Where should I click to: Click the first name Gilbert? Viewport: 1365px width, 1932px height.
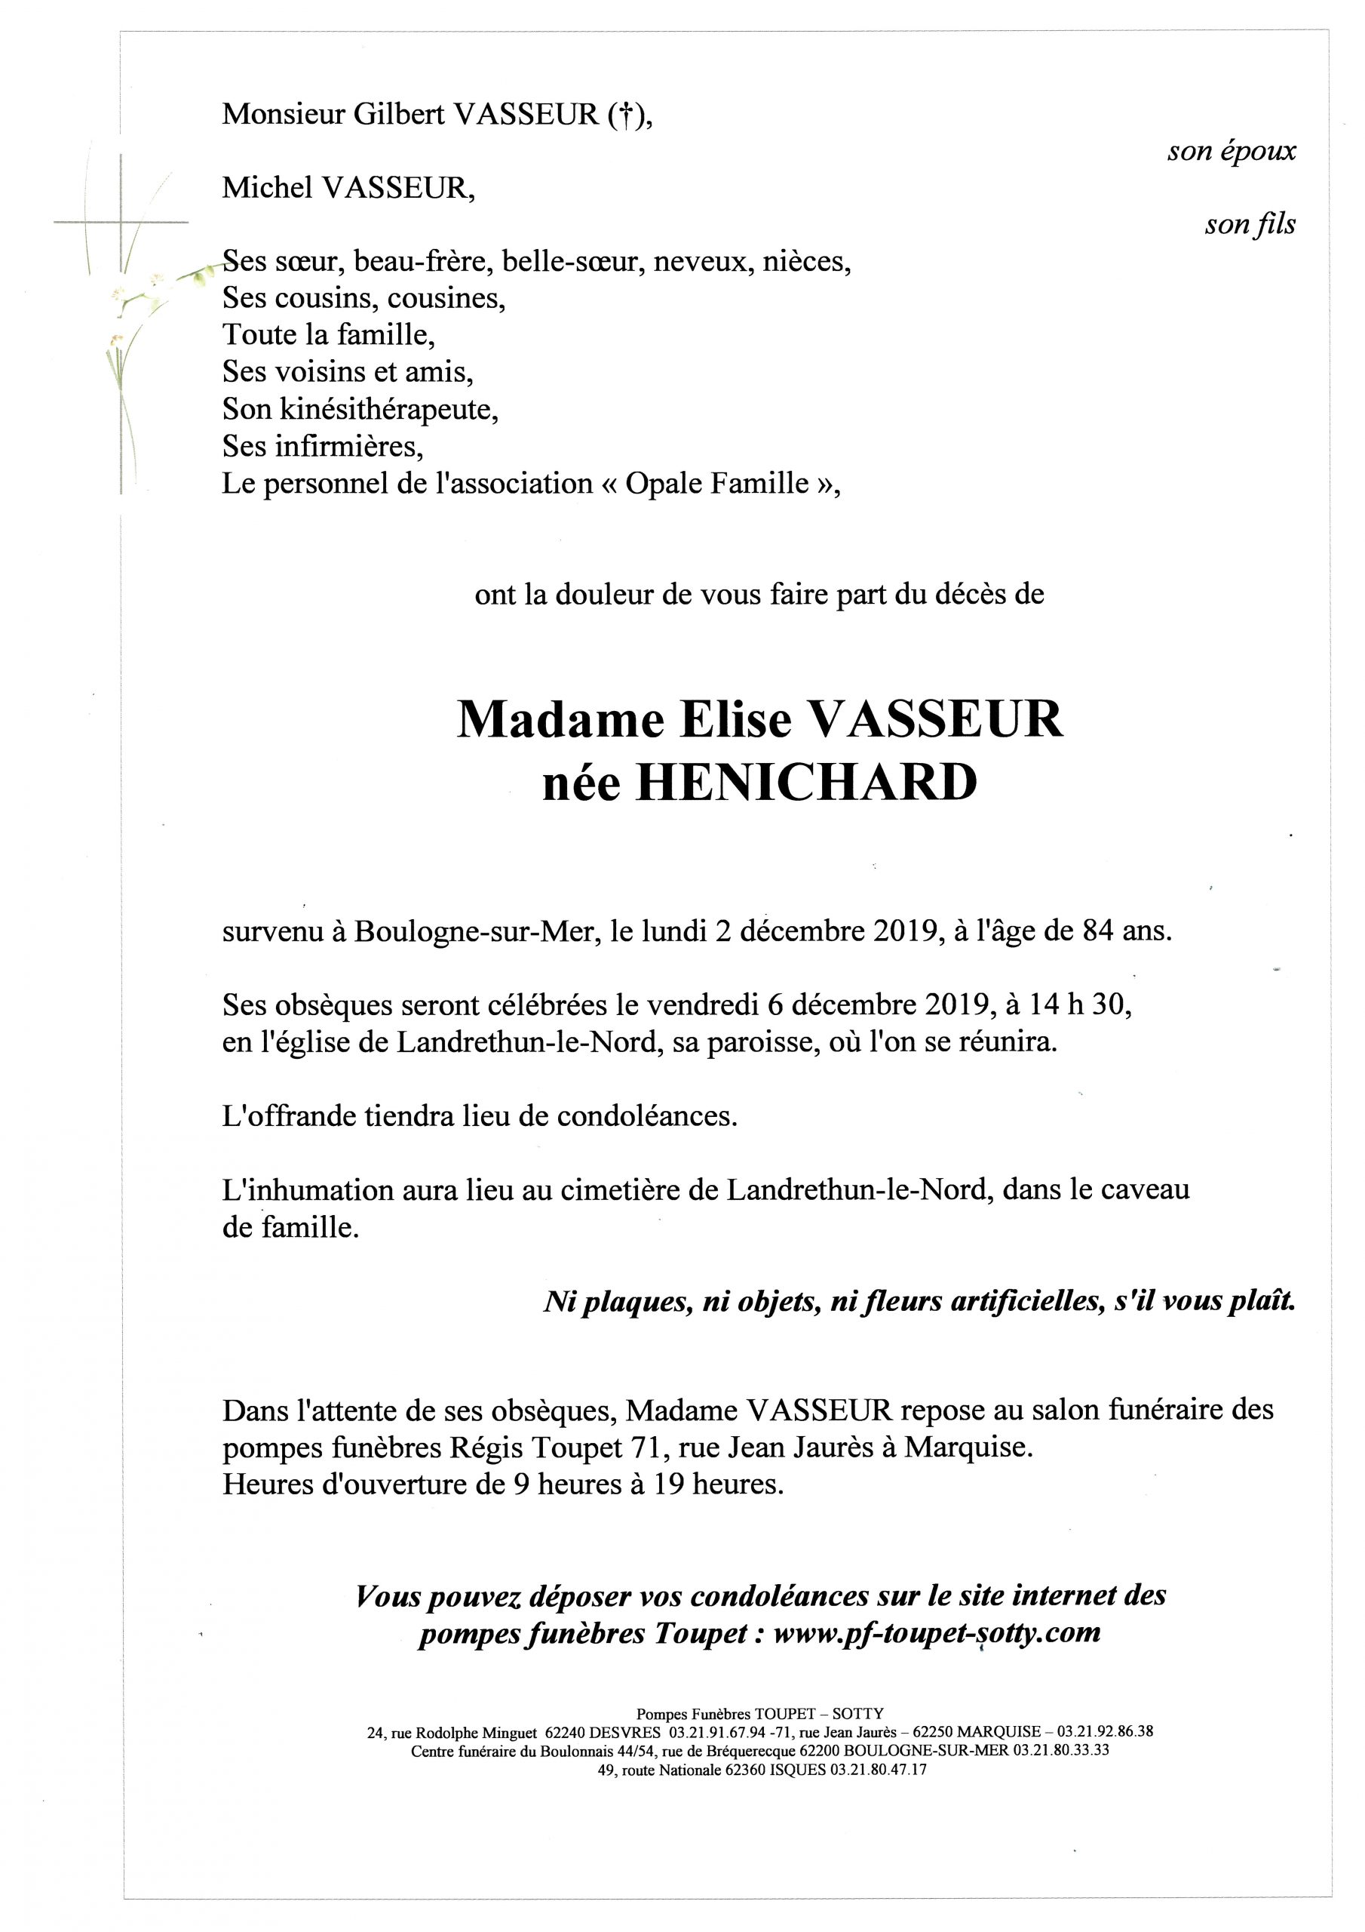point(400,115)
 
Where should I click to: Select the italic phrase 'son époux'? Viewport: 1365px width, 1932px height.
point(1232,152)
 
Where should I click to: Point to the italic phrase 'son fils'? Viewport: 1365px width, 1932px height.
point(1250,226)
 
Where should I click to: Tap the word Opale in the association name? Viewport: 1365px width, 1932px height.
point(664,484)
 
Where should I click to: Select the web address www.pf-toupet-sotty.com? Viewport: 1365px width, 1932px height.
point(936,1633)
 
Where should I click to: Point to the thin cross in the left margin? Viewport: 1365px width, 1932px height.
point(121,223)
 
